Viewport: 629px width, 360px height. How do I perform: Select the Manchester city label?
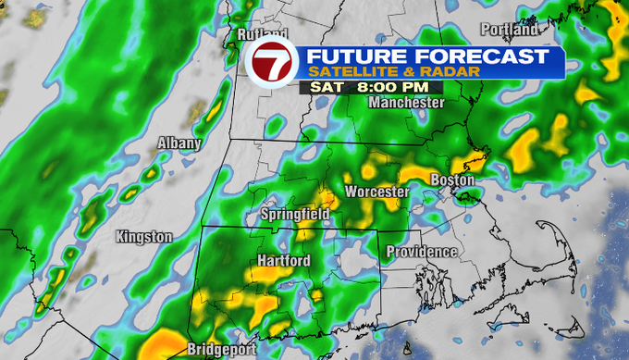406,103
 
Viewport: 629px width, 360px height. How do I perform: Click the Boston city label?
452,179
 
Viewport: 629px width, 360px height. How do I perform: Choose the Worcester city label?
376,192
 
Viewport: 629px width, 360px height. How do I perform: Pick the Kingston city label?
143,237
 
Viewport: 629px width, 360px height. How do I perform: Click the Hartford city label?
283,261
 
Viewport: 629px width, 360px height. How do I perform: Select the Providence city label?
421,252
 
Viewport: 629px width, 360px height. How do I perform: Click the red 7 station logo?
273,64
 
